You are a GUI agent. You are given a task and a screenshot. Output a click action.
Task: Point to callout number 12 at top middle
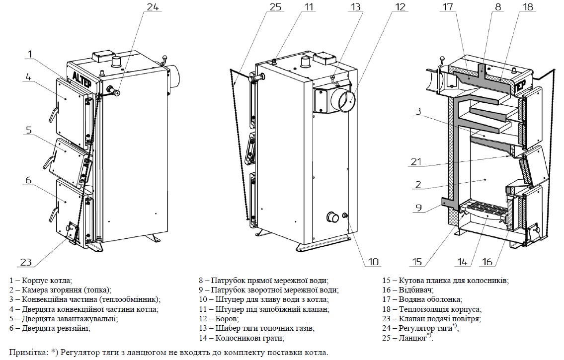click(x=387, y=8)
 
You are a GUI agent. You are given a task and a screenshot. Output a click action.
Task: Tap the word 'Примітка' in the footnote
click(x=27, y=352)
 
